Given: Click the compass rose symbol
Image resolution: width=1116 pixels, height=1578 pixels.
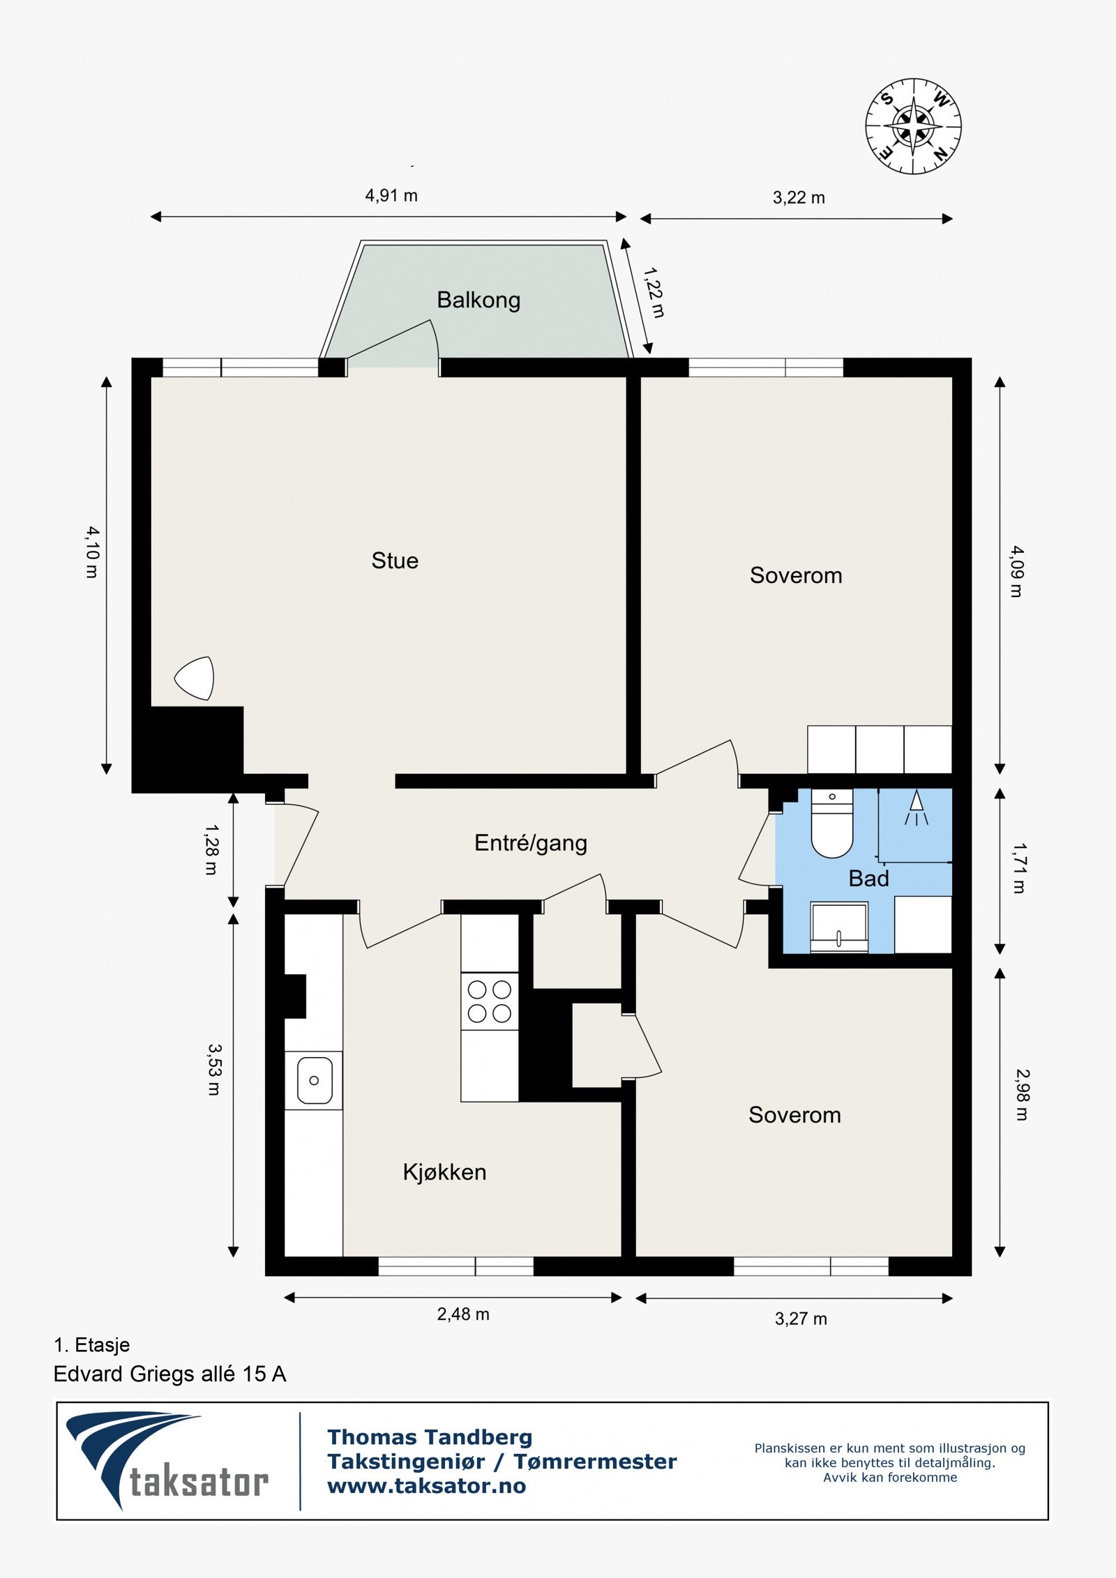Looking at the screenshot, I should pyautogui.click(x=913, y=126).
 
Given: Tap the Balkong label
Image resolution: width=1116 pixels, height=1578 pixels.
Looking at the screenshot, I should pyautogui.click(x=478, y=300).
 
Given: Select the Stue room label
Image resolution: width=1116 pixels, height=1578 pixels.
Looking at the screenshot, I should pyautogui.click(x=395, y=561).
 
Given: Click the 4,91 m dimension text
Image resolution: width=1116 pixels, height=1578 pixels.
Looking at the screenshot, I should pyautogui.click(x=391, y=196).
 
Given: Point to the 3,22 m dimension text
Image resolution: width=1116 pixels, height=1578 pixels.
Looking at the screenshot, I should pyautogui.click(x=799, y=198).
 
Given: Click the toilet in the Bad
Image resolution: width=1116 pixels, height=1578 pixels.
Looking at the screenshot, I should pyautogui.click(x=832, y=826).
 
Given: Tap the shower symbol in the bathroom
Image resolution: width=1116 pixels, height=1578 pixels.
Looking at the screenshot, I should pyautogui.click(x=917, y=809).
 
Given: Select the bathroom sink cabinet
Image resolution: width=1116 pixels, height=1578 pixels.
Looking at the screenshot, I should pyautogui.click(x=839, y=927).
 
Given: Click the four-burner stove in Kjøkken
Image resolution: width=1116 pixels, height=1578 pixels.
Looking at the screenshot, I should pyautogui.click(x=489, y=1001).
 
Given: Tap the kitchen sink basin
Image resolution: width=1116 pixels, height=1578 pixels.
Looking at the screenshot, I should pyautogui.click(x=314, y=1080).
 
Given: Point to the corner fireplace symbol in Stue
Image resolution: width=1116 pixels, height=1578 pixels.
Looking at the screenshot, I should pyautogui.click(x=196, y=678).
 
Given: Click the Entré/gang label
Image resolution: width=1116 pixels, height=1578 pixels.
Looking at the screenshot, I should pyautogui.click(x=531, y=843).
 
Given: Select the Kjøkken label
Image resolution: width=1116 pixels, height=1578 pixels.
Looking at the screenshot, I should pyautogui.click(x=444, y=1172).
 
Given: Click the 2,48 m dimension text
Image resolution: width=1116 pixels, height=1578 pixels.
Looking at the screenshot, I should pyautogui.click(x=463, y=1314).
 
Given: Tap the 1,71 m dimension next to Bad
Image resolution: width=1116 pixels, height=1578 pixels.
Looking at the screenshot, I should pyautogui.click(x=1019, y=868).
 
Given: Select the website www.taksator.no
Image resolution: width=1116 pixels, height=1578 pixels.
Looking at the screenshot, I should pyautogui.click(x=427, y=1486).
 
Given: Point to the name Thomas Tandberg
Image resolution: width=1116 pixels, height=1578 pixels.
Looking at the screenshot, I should pyautogui.click(x=430, y=1437).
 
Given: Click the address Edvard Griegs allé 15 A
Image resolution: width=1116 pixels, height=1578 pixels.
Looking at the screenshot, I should pyautogui.click(x=170, y=1374).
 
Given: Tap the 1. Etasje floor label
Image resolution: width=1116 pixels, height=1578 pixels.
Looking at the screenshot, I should pyautogui.click(x=92, y=1345).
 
